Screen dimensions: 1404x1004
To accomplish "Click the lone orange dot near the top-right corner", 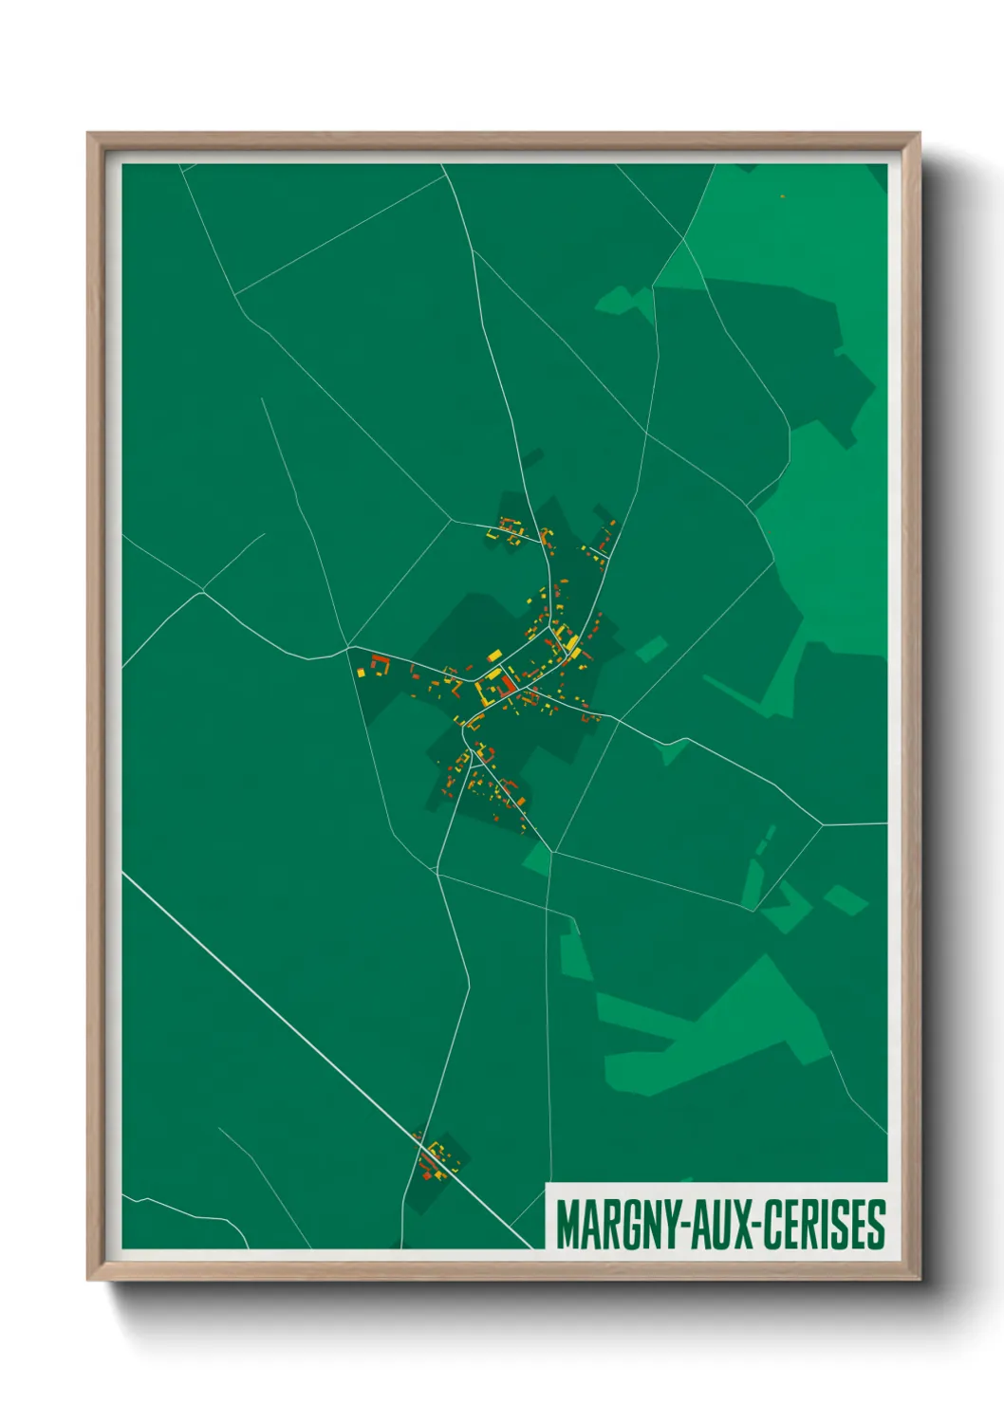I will pyautogui.click(x=782, y=196).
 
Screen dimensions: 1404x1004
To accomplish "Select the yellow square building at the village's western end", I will pyautogui.click(x=362, y=673).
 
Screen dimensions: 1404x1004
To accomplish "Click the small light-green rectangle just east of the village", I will pyautogui.click(x=651, y=650).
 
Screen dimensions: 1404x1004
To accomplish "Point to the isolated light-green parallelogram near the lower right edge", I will pyautogui.click(x=845, y=899).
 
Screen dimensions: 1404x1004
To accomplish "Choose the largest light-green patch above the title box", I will pyautogui.click(x=721, y=1034).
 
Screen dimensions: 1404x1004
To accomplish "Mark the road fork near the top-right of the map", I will pyautogui.click(x=683, y=241).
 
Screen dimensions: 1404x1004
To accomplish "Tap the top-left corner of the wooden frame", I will pyautogui.click(x=89, y=135).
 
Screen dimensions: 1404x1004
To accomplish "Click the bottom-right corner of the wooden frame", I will pyautogui.click(x=918, y=1278).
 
